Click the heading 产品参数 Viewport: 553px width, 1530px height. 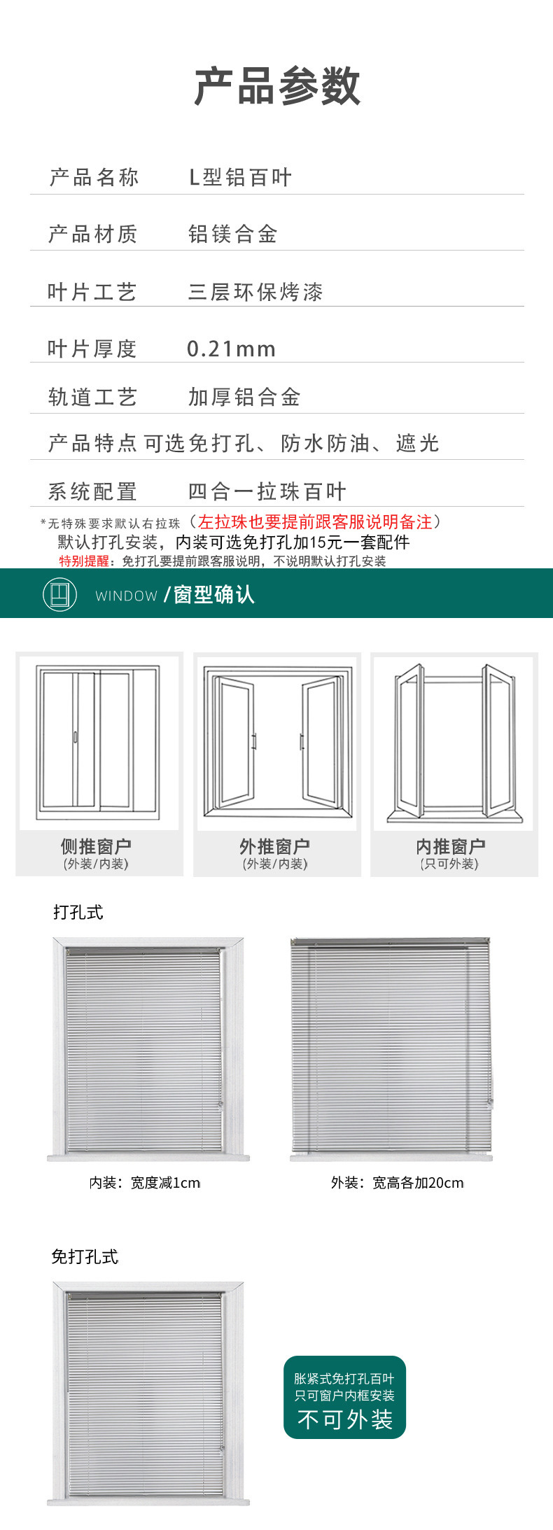point(277,87)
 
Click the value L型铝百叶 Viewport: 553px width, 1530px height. point(240,178)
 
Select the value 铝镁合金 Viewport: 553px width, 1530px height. point(232,234)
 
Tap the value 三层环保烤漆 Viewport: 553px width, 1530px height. point(255,292)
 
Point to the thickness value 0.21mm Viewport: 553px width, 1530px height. point(231,349)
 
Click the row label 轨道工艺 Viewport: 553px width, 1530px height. point(92,398)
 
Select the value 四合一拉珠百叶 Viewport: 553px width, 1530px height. point(267,491)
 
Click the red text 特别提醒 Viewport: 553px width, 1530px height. point(84,561)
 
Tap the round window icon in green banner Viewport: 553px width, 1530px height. point(59,594)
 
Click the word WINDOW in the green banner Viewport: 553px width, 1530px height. point(126,596)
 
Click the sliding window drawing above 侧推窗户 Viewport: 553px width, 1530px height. point(99,743)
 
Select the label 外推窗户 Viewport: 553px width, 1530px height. point(274,846)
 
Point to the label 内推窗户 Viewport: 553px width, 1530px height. point(450,846)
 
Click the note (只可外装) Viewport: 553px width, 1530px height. point(449,864)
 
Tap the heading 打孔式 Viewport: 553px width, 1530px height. point(78,912)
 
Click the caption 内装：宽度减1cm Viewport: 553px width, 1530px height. point(145,1182)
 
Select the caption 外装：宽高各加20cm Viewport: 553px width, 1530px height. point(397,1182)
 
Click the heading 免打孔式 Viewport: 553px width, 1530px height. point(85,1256)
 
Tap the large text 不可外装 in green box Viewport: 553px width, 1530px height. point(344,1419)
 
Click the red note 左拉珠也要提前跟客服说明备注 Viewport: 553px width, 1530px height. point(315,521)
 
